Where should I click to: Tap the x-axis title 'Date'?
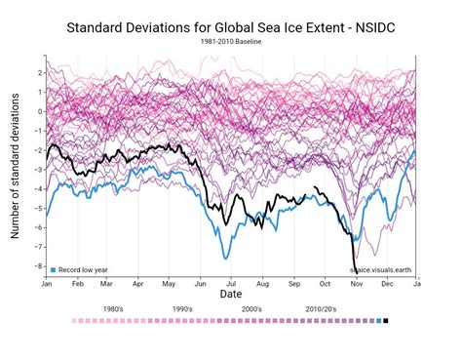(231, 293)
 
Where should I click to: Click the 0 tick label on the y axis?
(38, 111)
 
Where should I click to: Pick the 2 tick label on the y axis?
(38, 72)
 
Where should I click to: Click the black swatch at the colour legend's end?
(386, 320)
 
